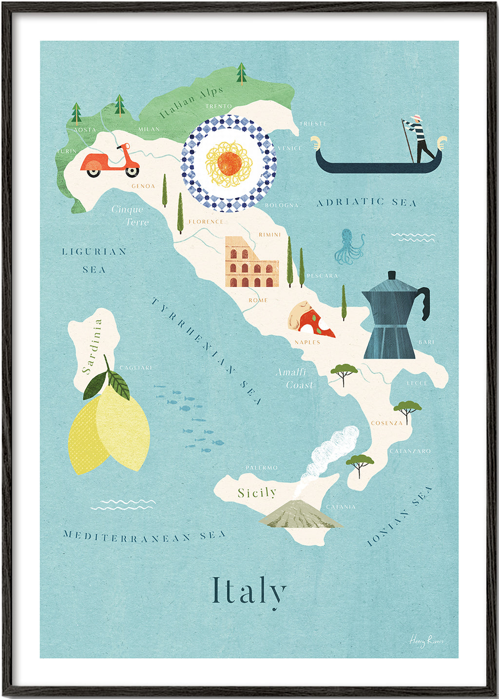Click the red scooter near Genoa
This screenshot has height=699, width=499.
click(110, 161)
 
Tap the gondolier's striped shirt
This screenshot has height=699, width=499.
click(417, 129)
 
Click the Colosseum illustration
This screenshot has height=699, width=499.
click(251, 263)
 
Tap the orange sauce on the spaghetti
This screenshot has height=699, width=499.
click(228, 163)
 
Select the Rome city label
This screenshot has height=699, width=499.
click(258, 300)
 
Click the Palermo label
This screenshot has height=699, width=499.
click(262, 468)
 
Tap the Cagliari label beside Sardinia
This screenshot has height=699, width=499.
click(136, 368)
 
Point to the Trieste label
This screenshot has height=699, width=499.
click(313, 124)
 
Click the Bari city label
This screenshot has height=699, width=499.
click(426, 342)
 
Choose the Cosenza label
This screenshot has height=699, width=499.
click(386, 423)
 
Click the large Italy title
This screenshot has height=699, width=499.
click(249, 591)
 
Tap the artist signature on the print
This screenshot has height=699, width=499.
click(426, 641)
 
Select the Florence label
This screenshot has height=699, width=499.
click(206, 222)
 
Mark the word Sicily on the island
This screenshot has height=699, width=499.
click(257, 493)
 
